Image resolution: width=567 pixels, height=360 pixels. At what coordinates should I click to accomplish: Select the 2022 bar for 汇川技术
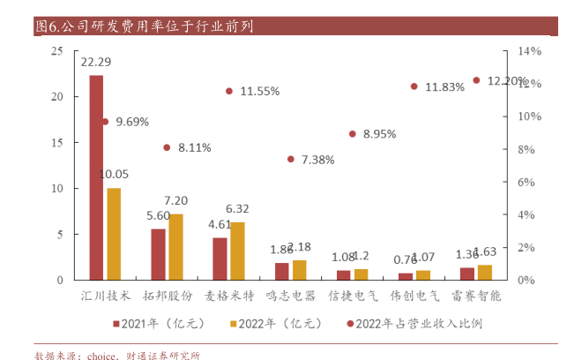(x=114, y=234)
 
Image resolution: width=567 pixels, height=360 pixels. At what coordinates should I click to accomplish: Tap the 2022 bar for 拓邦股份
(x=175, y=247)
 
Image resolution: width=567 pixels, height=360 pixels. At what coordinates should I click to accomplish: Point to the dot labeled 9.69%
(x=105, y=122)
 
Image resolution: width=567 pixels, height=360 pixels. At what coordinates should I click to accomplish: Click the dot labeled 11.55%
(x=229, y=91)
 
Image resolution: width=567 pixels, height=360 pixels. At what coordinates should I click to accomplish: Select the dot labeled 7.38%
(x=291, y=160)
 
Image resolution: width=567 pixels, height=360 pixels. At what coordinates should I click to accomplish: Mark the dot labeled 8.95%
(x=353, y=134)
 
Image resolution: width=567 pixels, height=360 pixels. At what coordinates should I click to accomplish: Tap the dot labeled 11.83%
(x=414, y=86)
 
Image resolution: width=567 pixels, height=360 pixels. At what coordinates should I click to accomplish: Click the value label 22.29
(x=96, y=63)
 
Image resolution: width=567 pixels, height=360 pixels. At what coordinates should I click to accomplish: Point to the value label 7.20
(x=175, y=201)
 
